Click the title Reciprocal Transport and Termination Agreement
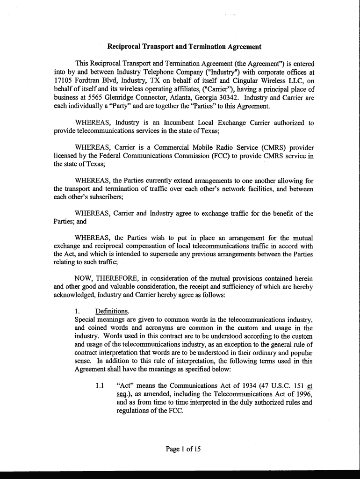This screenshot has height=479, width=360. tap(184, 47)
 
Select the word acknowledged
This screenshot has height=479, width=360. tap(74, 296)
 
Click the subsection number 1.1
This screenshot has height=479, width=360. tap(99, 386)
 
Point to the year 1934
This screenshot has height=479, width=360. tap(244, 386)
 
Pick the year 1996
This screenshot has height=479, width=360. tap(303, 394)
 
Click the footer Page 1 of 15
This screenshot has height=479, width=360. tap(183, 450)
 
